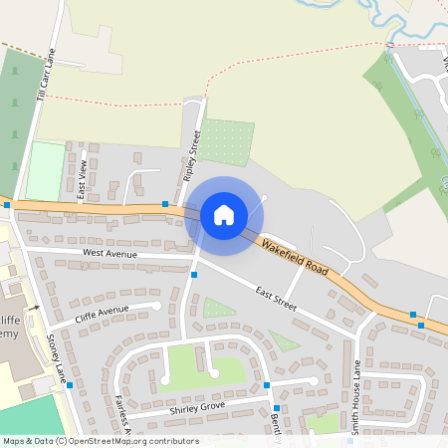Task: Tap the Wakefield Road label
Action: [295, 256]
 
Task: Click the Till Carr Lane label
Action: [44, 76]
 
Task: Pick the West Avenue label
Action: [110, 254]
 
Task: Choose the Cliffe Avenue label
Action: [102, 317]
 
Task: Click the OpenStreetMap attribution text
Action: [100, 441]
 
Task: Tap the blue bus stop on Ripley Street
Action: [194, 275]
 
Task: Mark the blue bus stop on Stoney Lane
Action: [70, 384]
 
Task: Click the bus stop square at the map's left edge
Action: [7, 205]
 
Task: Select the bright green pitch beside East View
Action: [45, 171]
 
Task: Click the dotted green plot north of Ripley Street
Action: [225, 142]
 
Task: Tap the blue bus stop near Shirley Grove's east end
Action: [267, 385]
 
